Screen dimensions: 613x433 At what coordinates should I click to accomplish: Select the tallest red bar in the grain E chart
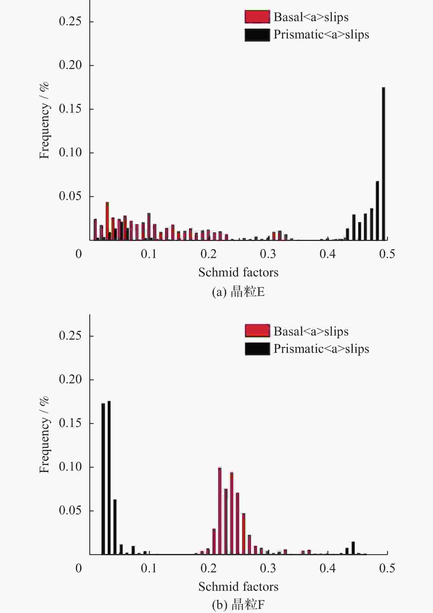pos(107,221)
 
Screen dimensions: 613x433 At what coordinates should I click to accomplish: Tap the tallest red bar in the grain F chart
pos(220,511)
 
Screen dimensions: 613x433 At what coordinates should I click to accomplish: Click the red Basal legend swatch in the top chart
pos(257,17)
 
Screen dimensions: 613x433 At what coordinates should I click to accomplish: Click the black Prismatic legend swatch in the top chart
pos(257,35)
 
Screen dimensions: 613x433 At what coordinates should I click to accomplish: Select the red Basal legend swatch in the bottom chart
pos(257,331)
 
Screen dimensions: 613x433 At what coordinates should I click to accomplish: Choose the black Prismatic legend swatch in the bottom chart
pos(257,349)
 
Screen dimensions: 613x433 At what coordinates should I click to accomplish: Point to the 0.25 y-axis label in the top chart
pos(70,21)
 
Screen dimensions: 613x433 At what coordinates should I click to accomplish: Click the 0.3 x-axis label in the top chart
pos(268,254)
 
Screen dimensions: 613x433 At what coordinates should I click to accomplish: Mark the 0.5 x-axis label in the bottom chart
pos(387,568)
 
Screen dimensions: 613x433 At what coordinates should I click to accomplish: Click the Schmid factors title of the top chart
pos(238,272)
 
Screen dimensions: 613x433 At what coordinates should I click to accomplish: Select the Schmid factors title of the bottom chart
pos(238,587)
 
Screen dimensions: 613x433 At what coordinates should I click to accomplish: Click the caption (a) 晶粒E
pos(238,292)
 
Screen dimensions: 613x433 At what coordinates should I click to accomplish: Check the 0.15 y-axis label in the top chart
pos(70,109)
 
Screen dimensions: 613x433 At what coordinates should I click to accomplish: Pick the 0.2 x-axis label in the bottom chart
pos(208,568)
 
